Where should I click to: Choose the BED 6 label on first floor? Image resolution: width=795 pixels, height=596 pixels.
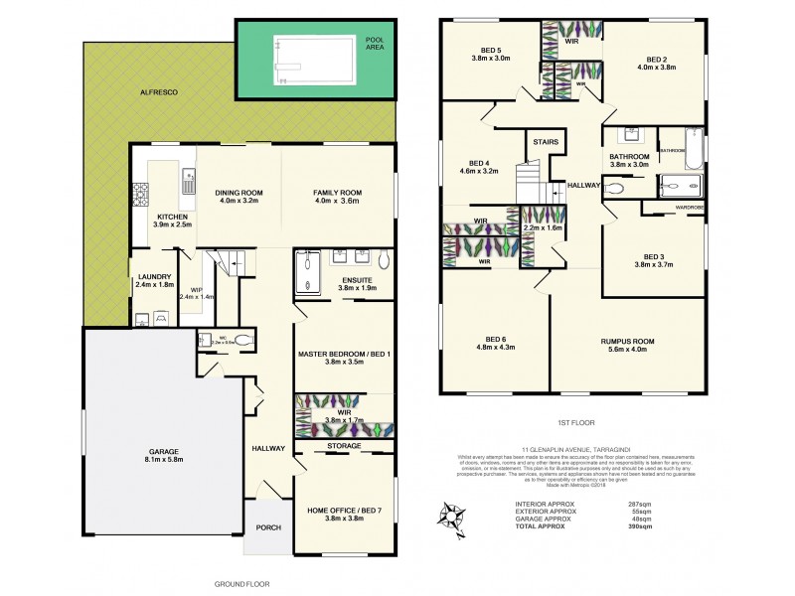(x=488, y=345)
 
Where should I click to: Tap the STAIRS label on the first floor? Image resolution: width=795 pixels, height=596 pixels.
(x=545, y=142)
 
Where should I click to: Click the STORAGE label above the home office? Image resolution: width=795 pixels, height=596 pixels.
(x=344, y=447)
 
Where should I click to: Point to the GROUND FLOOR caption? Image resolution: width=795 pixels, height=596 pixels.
(x=242, y=584)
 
